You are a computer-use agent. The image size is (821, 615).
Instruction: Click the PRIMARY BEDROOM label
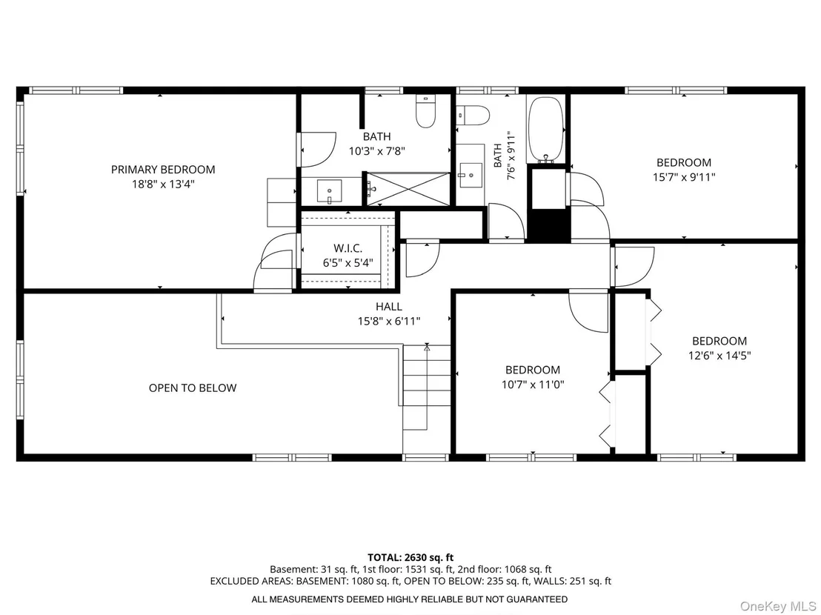click(x=163, y=170)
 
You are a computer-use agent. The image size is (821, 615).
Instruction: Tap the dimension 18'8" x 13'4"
click(x=163, y=184)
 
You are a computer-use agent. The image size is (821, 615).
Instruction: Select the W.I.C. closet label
click(x=348, y=248)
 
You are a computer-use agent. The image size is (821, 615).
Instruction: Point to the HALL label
click(x=389, y=307)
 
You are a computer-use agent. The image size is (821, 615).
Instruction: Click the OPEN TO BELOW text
click(x=193, y=388)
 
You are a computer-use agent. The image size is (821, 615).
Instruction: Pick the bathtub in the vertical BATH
click(x=545, y=129)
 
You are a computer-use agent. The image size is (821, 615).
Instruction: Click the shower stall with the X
click(x=408, y=188)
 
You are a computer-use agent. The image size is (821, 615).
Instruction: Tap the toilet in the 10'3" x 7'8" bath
click(x=425, y=111)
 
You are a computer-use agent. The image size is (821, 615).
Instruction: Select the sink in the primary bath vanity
click(x=329, y=192)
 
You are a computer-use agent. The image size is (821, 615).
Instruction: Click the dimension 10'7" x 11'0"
click(x=533, y=385)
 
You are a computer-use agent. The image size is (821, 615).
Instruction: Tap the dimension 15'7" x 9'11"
click(x=684, y=177)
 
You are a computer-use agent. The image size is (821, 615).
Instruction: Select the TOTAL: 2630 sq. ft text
click(x=410, y=557)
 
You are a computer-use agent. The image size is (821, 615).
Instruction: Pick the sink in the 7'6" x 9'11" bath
click(x=471, y=176)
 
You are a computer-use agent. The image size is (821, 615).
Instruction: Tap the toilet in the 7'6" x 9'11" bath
click(x=472, y=115)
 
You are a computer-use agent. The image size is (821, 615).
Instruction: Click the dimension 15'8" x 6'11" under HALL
click(x=389, y=322)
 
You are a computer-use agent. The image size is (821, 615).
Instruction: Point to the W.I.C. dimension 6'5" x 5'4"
click(x=348, y=263)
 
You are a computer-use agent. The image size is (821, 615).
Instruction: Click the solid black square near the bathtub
click(x=548, y=225)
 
